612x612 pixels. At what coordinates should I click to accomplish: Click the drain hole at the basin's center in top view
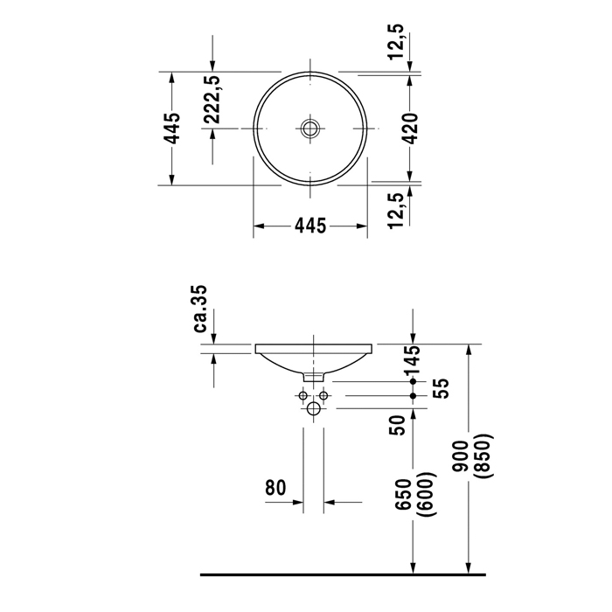point(310,129)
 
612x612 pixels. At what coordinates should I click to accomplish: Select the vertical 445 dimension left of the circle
point(173,128)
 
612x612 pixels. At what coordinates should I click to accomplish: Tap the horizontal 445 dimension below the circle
point(309,226)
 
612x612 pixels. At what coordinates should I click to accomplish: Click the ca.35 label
point(200,309)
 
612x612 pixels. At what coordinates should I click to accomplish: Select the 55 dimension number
point(441,388)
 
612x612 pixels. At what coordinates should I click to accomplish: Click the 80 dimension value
point(275,487)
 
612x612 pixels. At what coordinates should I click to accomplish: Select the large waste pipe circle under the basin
point(313,408)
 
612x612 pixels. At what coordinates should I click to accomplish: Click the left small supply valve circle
point(303,396)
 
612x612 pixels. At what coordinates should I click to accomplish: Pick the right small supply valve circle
point(323,396)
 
